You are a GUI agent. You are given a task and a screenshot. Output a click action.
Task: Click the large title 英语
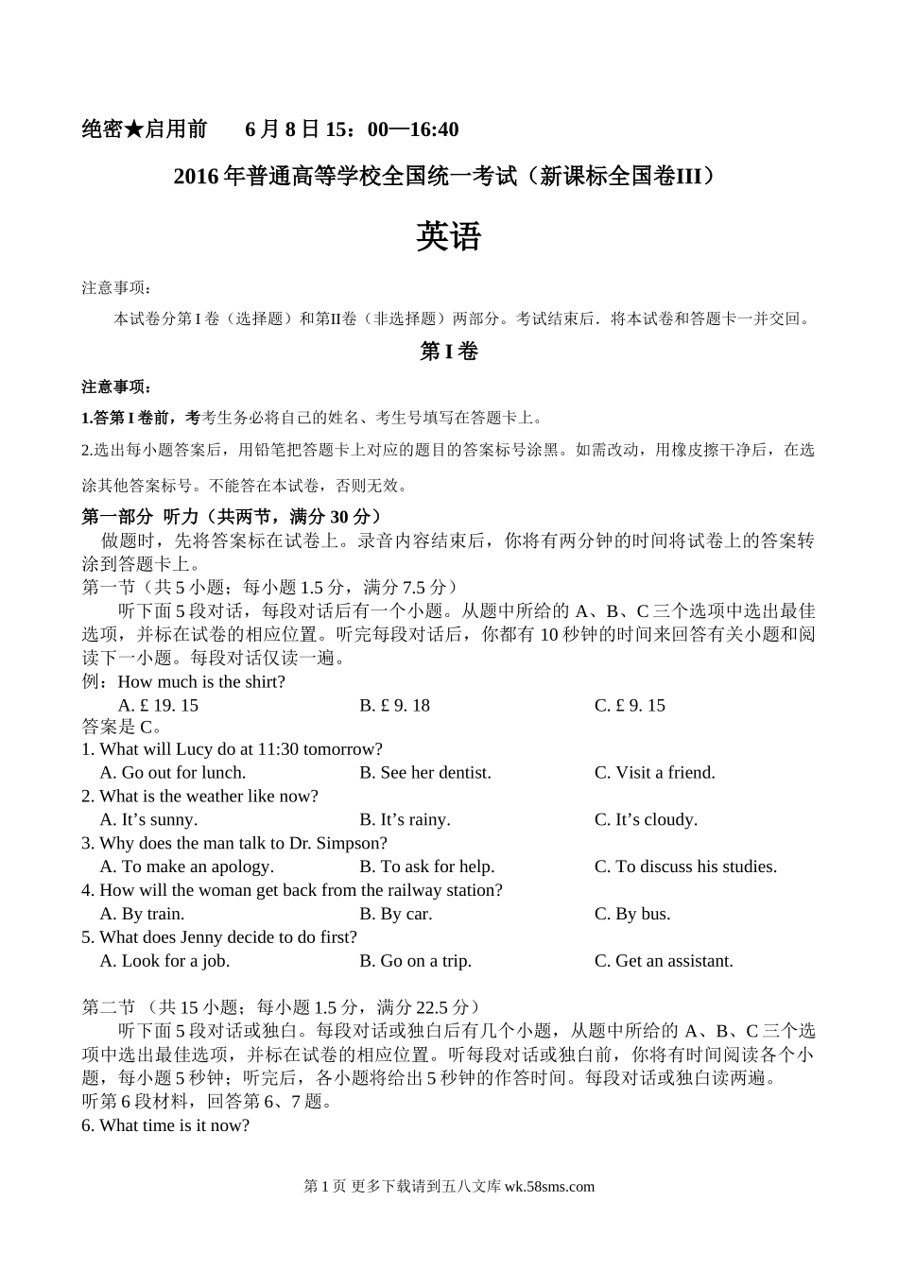click(x=448, y=237)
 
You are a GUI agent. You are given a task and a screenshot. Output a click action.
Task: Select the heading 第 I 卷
click(x=448, y=352)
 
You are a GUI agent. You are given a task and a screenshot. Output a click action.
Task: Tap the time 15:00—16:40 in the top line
click(x=398, y=129)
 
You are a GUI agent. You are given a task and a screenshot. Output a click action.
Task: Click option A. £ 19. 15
click(x=158, y=706)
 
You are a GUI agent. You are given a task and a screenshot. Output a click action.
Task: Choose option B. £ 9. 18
click(x=394, y=706)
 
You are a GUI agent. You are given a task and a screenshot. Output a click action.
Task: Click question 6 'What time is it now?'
click(x=165, y=1125)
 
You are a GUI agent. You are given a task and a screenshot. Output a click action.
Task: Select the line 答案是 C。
click(x=122, y=727)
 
